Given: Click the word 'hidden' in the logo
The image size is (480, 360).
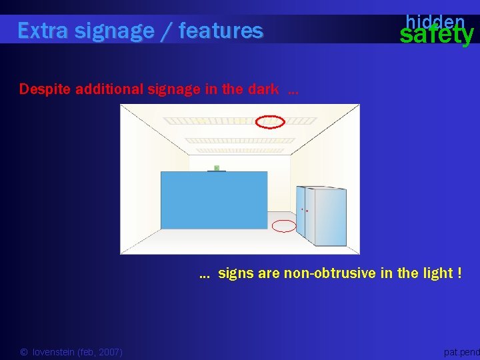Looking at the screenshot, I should tap(435, 21).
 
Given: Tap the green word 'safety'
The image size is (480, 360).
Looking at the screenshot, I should tap(436, 35).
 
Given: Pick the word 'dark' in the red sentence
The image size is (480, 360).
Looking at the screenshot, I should tap(264, 89).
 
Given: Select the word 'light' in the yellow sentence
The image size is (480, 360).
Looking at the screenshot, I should tap(436, 273).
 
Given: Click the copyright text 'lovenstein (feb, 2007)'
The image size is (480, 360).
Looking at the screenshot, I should tap(77, 352).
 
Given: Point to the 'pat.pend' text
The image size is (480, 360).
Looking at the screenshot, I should tap(461, 352).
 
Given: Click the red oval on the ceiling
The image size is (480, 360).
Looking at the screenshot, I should tap(271, 121).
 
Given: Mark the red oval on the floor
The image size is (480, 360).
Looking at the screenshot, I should tap(285, 226).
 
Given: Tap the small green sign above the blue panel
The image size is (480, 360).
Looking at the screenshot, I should tap(216, 168).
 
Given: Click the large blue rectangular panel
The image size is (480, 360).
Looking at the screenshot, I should tap(213, 200).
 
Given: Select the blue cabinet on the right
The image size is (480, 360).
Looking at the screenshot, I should tap(323, 215).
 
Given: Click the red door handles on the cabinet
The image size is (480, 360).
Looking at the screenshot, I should tap(304, 210).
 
